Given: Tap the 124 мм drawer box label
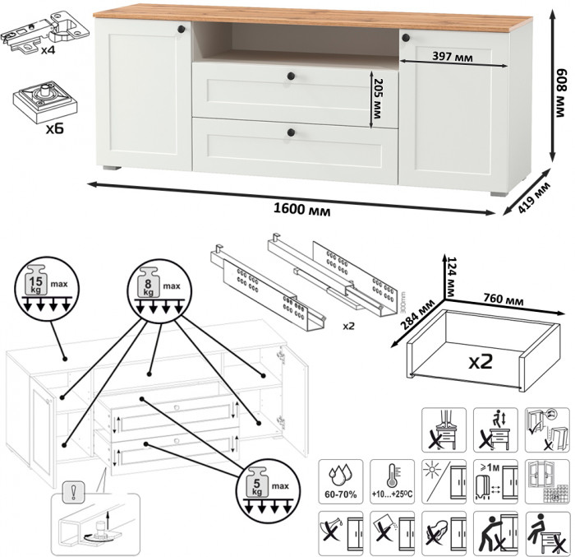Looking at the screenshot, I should (450, 276).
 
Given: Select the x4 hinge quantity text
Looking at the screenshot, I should (50, 49).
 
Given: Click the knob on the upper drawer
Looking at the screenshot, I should (290, 77).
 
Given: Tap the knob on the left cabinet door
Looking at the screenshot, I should (182, 29).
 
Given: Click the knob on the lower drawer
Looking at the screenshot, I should (290, 131).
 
